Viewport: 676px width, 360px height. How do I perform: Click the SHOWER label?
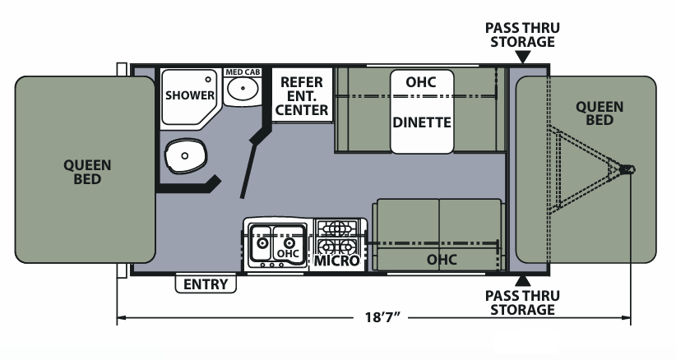pyautogui.click(x=190, y=95)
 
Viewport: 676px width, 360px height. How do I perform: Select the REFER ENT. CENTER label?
pyautogui.click(x=303, y=95)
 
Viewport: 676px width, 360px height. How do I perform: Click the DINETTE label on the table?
pyautogui.click(x=422, y=122)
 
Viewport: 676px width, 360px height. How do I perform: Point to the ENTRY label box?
pyautogui.click(x=206, y=284)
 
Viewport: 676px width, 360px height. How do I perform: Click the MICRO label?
pyautogui.click(x=337, y=261)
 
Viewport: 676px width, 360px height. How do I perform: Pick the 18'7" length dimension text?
pyautogui.click(x=380, y=317)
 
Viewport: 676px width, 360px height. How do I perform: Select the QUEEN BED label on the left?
pyautogui.click(x=88, y=171)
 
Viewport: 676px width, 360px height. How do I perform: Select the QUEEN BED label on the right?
pyautogui.click(x=599, y=113)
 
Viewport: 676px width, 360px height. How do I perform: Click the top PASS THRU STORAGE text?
pyautogui.click(x=523, y=35)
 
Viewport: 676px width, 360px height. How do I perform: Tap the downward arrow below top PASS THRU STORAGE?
pyautogui.click(x=523, y=57)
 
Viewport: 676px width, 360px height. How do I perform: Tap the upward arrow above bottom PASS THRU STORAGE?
pyautogui.click(x=523, y=281)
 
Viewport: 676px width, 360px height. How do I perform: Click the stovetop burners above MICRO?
pyautogui.click(x=337, y=237)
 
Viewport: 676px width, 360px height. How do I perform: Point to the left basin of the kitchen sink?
pyautogui.click(x=263, y=243)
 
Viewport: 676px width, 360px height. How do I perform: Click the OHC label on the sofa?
pyautogui.click(x=442, y=260)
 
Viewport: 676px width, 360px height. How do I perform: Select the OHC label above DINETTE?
pyautogui.click(x=420, y=82)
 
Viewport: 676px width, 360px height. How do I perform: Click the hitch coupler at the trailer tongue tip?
pyautogui.click(x=629, y=169)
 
